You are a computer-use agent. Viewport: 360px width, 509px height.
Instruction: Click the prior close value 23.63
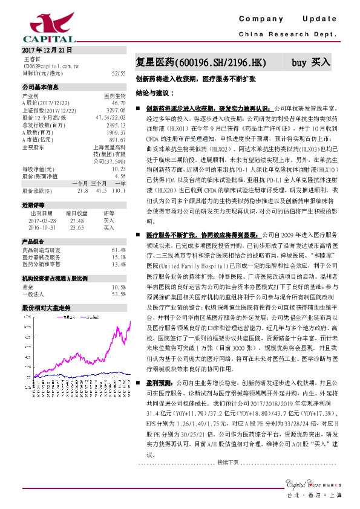(77, 228)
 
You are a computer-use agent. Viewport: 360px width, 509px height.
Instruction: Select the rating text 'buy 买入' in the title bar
(311, 62)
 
